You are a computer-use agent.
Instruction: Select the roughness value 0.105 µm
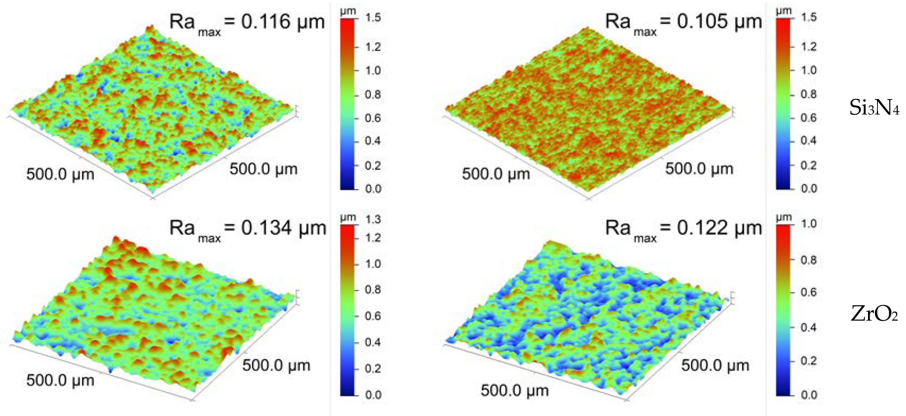click(719, 22)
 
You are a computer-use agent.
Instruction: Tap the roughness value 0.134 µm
click(283, 228)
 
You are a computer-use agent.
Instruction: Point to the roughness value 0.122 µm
click(719, 228)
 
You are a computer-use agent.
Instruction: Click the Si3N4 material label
click(874, 107)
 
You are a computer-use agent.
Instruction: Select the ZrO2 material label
click(874, 314)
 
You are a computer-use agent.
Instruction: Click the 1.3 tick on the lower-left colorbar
click(373, 219)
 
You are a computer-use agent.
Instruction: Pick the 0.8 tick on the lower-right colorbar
click(808, 260)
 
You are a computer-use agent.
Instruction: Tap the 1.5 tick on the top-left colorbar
click(373, 18)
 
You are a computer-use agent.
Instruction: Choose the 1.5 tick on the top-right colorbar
click(808, 17)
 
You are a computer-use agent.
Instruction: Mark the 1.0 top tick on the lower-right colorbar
click(808, 224)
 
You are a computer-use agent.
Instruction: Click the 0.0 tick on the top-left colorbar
click(373, 189)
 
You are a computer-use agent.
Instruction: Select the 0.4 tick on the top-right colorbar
click(808, 141)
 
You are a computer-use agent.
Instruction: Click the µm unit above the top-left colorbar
click(348, 11)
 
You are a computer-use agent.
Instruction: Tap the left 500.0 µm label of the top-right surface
click(496, 174)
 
